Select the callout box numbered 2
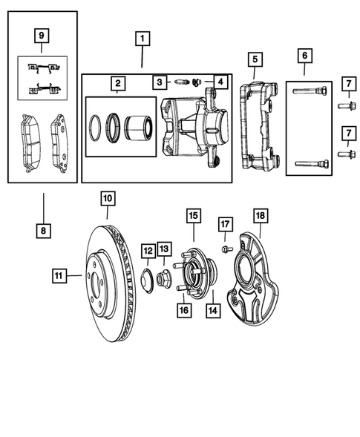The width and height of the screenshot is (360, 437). click(x=117, y=83)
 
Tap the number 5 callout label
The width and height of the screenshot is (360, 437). click(x=254, y=58)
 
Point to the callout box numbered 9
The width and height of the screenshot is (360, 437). click(x=42, y=34)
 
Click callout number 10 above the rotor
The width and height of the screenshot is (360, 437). click(x=108, y=198)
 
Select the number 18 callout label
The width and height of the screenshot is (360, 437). click(x=260, y=215)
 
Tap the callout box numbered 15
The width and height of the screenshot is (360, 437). click(x=192, y=216)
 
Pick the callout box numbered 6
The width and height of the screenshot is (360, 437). click(x=304, y=55)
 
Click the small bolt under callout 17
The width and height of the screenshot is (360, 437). click(x=225, y=247)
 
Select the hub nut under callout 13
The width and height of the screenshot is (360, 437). click(x=165, y=279)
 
